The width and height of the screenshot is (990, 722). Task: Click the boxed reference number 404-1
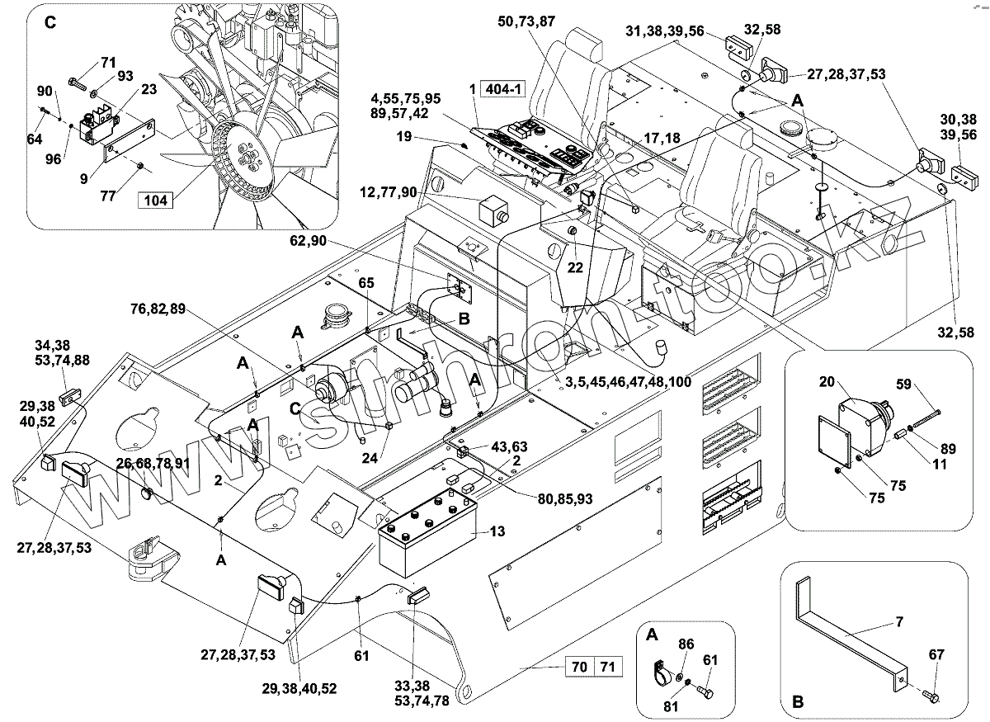coord(503,89)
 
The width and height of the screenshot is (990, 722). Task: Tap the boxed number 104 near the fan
coord(156,201)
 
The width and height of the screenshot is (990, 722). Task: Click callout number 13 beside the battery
coord(497,531)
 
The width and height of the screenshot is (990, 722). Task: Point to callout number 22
coord(575,267)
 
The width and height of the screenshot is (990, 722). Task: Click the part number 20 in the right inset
coord(827,381)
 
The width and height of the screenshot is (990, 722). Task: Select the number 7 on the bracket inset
coord(900,621)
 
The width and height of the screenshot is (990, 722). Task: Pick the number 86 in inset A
coord(686,644)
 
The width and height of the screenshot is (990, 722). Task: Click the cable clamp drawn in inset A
coord(662,673)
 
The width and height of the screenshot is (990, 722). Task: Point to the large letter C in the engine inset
coord(50,22)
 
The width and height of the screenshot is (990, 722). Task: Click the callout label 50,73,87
coord(526,21)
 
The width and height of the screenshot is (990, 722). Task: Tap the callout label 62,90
coord(308,240)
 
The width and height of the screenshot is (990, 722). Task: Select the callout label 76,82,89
coord(158,309)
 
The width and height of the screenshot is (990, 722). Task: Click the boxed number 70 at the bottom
coord(579,666)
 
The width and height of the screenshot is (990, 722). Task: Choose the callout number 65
coord(366,282)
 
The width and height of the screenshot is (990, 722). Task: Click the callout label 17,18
coord(662,138)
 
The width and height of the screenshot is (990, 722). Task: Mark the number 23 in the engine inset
coord(149,89)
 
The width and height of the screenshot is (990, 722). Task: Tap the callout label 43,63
coord(509,446)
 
